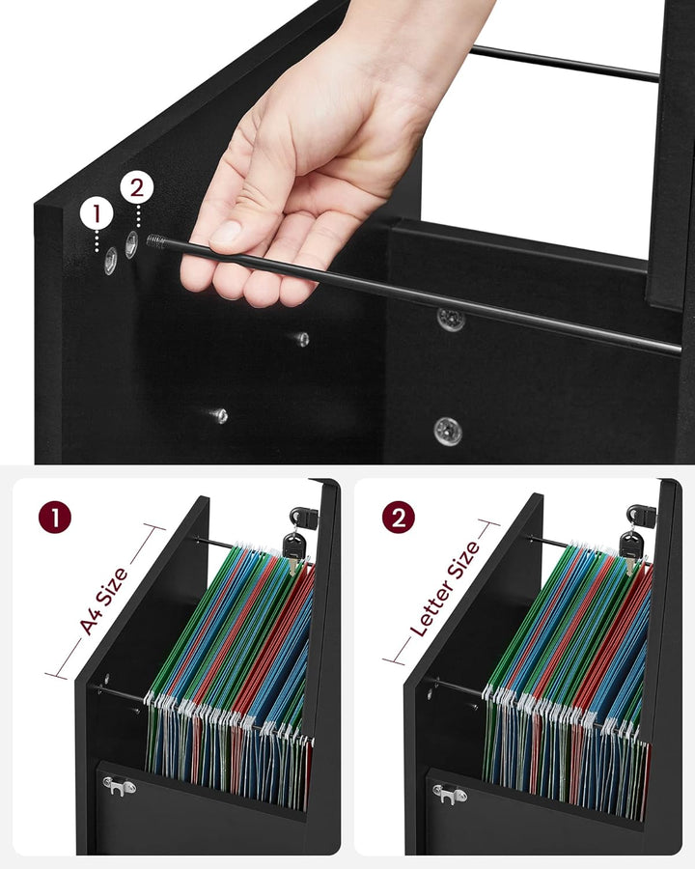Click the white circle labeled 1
coord(97,213)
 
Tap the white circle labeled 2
coord(137,188)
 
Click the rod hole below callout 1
coord(111,261)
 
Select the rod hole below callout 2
coord(131,244)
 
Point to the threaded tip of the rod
coord(156,241)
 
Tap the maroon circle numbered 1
coord(55,518)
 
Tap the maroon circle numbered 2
coord(398,518)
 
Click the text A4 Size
coord(103,601)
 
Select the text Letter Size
coord(444,589)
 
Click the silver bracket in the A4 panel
coord(119,786)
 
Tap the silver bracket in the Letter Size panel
coord(449,794)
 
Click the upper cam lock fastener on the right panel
coord(451,320)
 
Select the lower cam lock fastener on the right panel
coord(448,431)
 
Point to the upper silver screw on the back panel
coord(301,339)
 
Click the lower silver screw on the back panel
coord(220,415)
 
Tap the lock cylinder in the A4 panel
coord(304,518)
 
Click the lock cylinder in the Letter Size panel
coord(641,515)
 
